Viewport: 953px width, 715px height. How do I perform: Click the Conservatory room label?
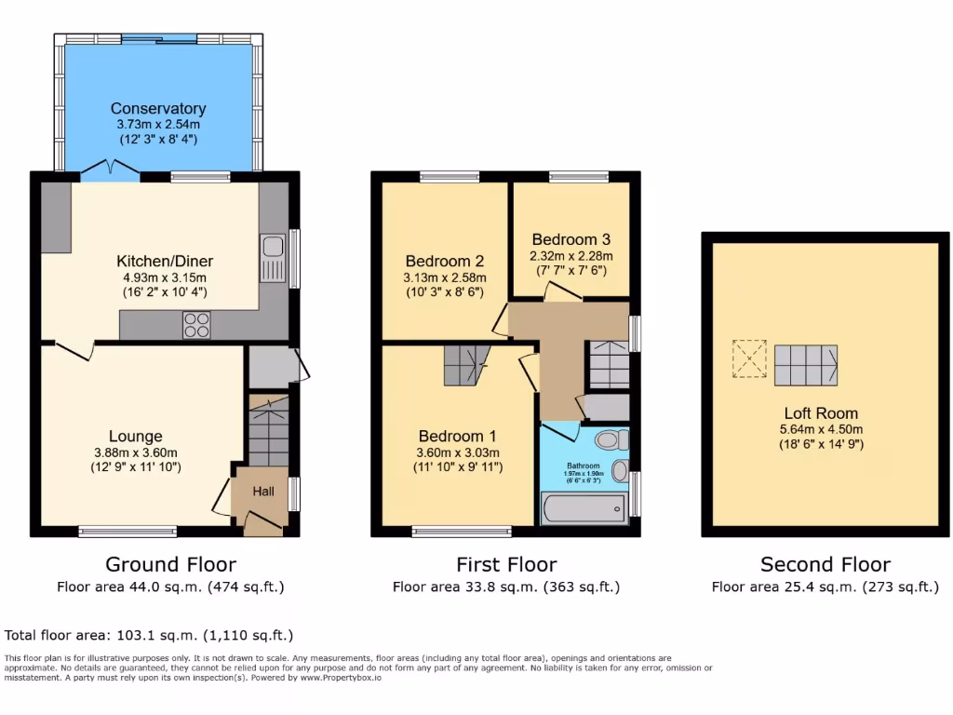[158, 109]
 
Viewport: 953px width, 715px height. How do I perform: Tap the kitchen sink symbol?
[273, 248]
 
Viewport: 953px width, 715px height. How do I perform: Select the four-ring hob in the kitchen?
[196, 324]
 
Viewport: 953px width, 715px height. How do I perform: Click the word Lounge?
[136, 436]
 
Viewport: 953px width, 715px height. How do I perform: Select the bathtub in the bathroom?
[584, 509]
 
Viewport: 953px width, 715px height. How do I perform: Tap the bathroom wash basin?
[620, 472]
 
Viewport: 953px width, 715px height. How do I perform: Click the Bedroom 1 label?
[457, 436]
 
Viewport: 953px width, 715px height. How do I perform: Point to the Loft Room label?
[821, 413]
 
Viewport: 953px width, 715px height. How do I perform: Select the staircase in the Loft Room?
[806, 365]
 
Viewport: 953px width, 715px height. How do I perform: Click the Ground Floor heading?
[170, 564]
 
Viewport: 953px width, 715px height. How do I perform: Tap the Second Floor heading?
[825, 564]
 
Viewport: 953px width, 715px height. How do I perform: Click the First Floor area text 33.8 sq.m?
[506, 587]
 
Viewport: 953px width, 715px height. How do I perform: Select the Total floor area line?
[149, 636]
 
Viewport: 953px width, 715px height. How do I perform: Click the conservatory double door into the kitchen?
[111, 170]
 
